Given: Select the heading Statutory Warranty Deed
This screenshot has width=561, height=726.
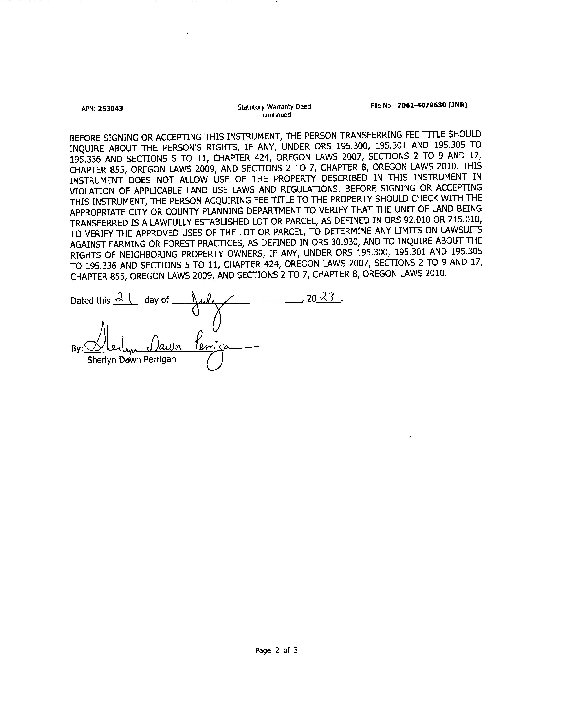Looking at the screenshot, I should point(274,107).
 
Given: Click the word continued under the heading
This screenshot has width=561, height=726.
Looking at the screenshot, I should point(277,115).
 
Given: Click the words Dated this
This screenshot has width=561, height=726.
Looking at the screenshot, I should point(90,301).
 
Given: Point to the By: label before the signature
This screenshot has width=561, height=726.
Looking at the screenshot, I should point(77,349).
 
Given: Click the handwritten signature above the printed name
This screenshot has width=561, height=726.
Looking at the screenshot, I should point(159,344).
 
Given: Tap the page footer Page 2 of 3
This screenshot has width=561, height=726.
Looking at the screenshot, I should point(276,650).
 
